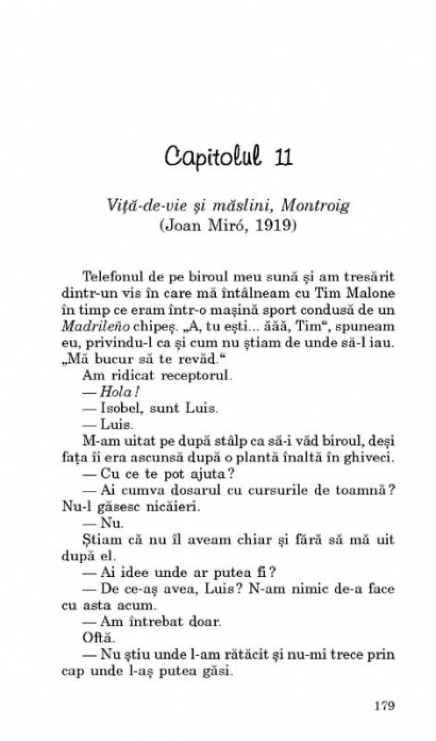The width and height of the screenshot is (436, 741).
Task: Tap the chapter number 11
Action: pos(283,157)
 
